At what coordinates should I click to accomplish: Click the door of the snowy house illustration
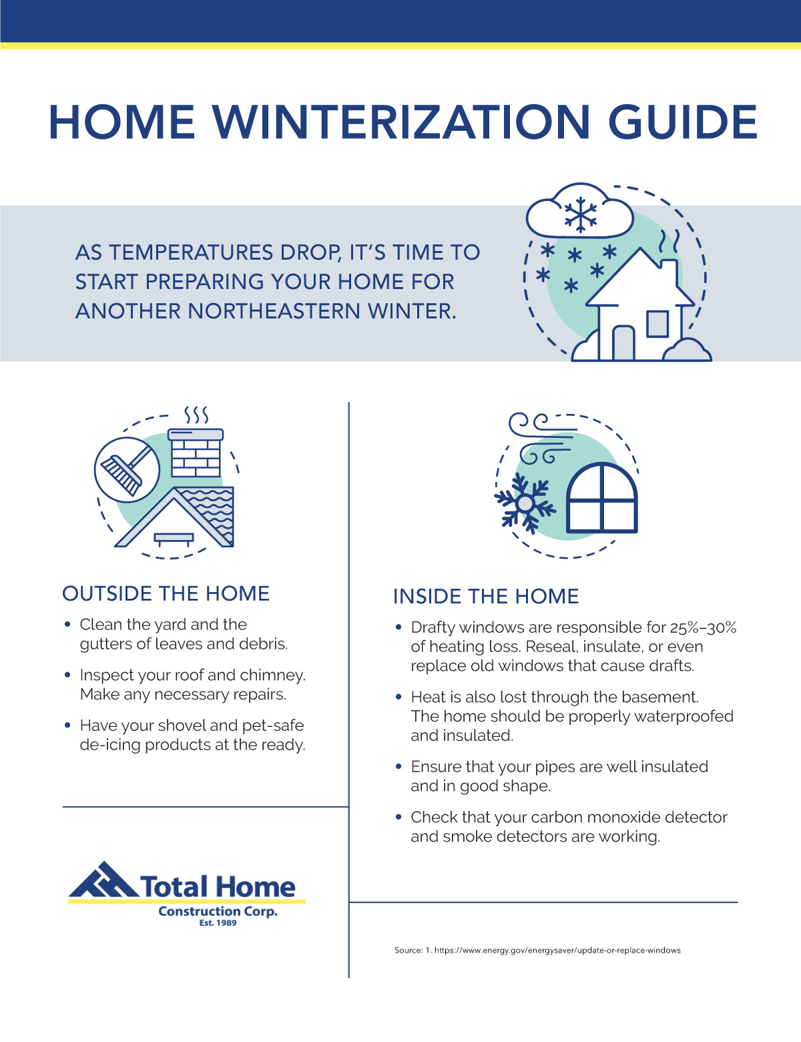[x=623, y=342]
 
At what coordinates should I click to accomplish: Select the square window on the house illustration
[x=657, y=324]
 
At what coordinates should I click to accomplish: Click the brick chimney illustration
[x=196, y=454]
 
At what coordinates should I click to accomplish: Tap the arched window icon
[x=602, y=498]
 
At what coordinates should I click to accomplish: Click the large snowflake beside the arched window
[x=525, y=503]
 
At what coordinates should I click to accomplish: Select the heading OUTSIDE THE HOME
[x=166, y=593]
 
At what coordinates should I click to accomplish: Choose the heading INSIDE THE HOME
[x=486, y=596]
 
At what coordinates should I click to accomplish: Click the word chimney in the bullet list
[x=272, y=675]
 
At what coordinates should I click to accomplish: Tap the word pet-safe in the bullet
[x=272, y=725]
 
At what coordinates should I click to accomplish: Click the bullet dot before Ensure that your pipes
[x=398, y=767]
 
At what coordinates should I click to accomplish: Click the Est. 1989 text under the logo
[x=218, y=923]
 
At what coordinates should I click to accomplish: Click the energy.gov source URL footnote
[x=557, y=950]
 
